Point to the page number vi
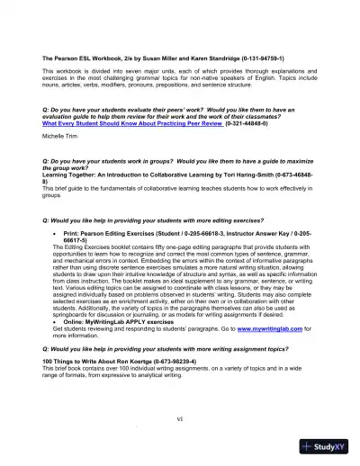tap(180, 418)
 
